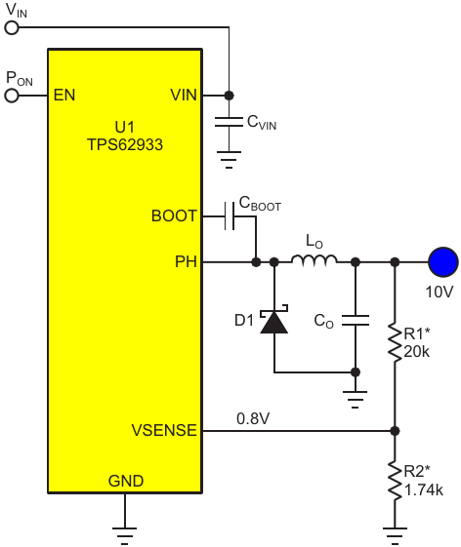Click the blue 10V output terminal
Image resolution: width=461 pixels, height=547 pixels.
coord(443,262)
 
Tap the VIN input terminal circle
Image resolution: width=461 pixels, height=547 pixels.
coord(12,27)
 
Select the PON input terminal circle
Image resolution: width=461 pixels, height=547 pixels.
coord(12,96)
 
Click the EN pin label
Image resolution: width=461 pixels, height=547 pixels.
coord(64,95)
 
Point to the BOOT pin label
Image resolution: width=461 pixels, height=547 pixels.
coord(174,215)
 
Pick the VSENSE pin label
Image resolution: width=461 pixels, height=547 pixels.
coord(164,430)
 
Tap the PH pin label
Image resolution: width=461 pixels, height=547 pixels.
coord(186,261)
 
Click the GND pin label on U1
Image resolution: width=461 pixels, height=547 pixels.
coord(126,481)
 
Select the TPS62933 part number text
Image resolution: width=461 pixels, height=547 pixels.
coord(125,144)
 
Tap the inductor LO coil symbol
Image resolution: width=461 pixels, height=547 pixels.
coord(314,260)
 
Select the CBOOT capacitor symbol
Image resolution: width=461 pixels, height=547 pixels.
coord(230,215)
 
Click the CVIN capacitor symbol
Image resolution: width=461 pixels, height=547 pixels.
coord(229,122)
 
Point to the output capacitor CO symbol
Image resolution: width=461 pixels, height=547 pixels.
coord(356,320)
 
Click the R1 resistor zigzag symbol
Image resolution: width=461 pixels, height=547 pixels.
coord(395,342)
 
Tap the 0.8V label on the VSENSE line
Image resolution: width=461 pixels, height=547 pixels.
coord(253,418)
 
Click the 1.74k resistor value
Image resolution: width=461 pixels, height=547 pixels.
coord(424,490)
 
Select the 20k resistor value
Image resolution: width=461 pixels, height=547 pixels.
coord(417,352)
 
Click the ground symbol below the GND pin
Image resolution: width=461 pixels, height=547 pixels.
coord(125,536)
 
